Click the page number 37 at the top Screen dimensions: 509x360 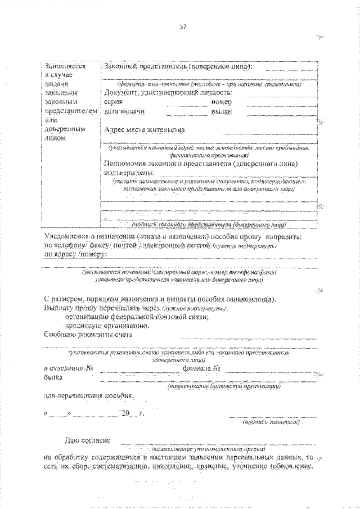click(x=183, y=26)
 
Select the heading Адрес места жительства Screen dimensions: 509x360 click(x=145, y=130)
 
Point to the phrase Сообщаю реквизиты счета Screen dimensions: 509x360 click(x=88, y=334)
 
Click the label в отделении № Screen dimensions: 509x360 click(x=69, y=369)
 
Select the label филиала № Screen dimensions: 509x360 click(x=200, y=369)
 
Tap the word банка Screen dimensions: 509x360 click(x=54, y=377)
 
